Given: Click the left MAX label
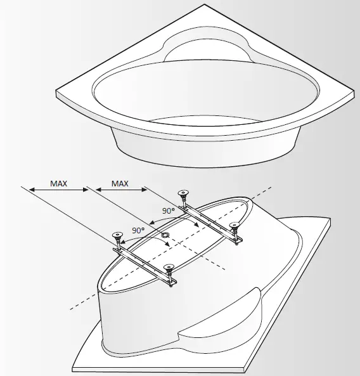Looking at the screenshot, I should point(58,183).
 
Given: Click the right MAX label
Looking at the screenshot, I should point(120,183).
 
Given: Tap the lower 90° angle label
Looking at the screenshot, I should point(138,230).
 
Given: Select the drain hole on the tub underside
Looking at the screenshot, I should point(165,235).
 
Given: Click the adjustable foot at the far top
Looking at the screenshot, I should point(184,195).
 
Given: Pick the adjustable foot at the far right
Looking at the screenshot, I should point(236,227).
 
